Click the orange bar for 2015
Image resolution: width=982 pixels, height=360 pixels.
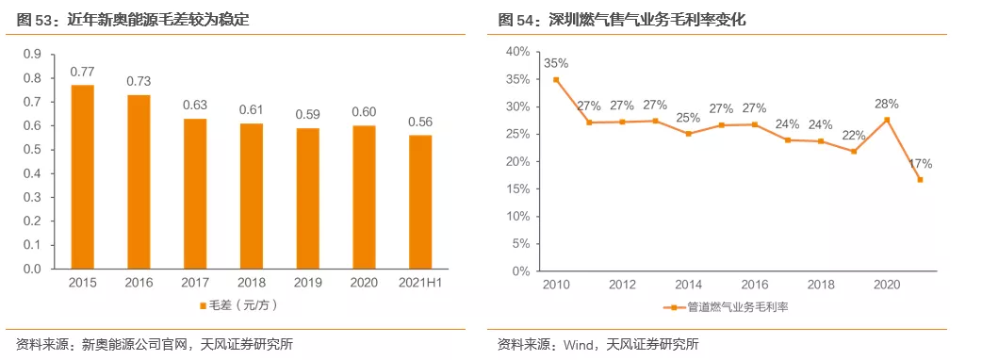click(83, 176)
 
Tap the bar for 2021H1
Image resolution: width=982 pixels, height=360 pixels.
click(420, 202)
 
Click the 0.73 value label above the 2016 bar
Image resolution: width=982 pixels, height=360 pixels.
click(139, 81)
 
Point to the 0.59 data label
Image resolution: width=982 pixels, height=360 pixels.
click(308, 114)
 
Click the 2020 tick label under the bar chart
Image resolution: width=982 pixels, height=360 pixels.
click(364, 282)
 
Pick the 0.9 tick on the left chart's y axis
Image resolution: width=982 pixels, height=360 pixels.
click(31, 54)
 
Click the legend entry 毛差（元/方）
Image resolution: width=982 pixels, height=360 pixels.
click(237, 305)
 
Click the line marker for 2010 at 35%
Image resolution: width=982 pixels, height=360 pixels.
click(556, 80)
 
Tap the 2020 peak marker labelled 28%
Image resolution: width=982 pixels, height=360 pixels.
click(886, 120)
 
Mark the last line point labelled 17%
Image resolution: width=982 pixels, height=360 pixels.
click(919, 179)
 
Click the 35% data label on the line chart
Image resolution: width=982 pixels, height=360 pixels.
click(556, 63)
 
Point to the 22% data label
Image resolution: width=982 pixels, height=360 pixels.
click(853, 135)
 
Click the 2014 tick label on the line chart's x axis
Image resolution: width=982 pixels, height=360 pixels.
click(688, 284)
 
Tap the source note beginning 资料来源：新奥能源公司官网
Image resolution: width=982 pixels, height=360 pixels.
click(155, 344)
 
